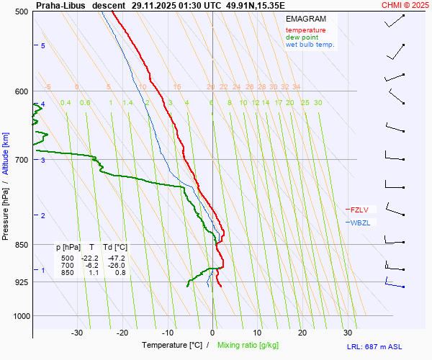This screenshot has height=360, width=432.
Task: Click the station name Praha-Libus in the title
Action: pos(60,4)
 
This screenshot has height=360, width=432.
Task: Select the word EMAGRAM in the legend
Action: pos(305,19)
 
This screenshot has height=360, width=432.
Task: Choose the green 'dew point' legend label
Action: pos(302,37)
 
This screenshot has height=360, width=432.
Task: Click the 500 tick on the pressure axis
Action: pos(21,12)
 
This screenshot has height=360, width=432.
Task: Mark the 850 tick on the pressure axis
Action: pos(21,245)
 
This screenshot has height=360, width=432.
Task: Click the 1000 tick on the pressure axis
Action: pos(19,315)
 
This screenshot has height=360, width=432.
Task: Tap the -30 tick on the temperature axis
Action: pos(77,333)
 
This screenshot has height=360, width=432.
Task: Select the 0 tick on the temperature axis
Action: pos(212,333)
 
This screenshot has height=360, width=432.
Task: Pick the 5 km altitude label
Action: pos(43,46)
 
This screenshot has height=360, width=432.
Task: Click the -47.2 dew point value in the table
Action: pos(116,258)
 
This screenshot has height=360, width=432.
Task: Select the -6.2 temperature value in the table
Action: pos(91,265)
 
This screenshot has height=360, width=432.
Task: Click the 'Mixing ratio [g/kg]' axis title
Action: pos(248,345)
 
